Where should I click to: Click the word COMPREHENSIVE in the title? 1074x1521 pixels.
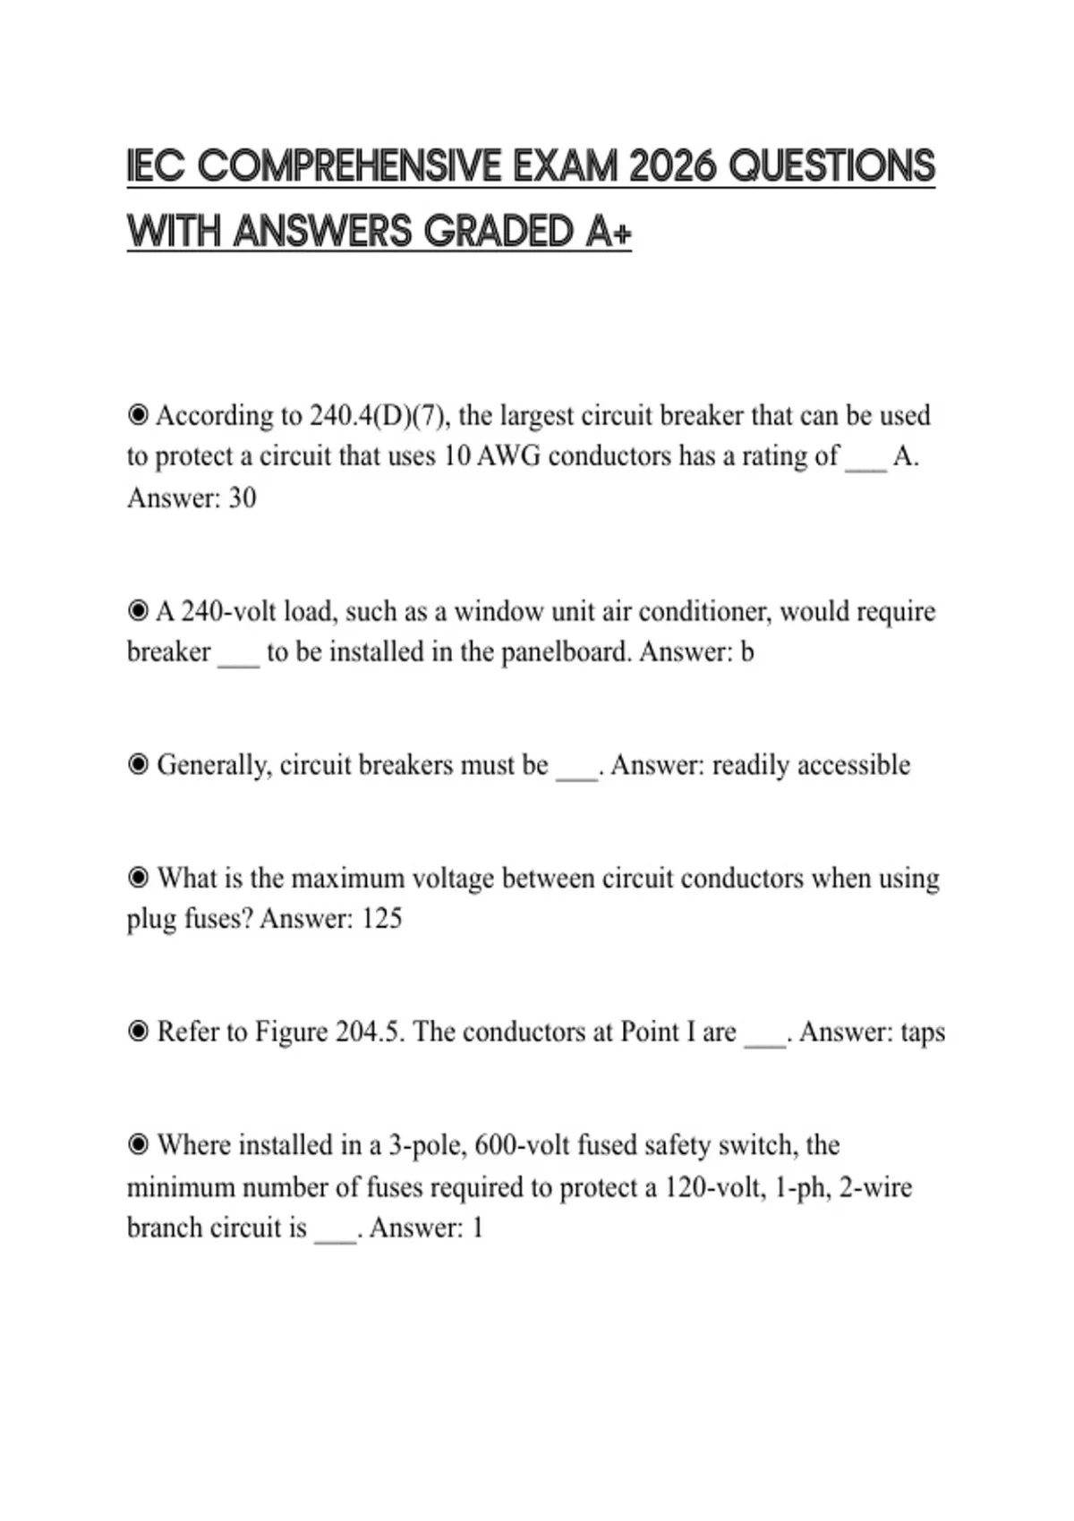pyautogui.click(x=350, y=167)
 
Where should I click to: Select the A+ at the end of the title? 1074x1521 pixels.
pyautogui.click(x=609, y=233)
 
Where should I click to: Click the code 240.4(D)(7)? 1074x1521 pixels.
pyautogui.click(x=377, y=416)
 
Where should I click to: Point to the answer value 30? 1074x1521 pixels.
pyautogui.click(x=242, y=497)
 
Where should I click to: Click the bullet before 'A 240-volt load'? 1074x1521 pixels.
pyautogui.click(x=138, y=612)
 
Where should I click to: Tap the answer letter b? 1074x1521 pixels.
pyautogui.click(x=747, y=652)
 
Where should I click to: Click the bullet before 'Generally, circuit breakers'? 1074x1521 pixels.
pyautogui.click(x=138, y=766)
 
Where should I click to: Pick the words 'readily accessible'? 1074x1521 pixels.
pyautogui.click(x=811, y=766)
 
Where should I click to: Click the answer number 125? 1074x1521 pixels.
pyautogui.click(x=382, y=919)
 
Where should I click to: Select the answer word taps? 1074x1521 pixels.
pyautogui.click(x=923, y=1032)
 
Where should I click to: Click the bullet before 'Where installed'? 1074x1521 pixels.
pyautogui.click(x=138, y=1145)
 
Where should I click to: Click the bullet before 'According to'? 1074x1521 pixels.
pyautogui.click(x=138, y=416)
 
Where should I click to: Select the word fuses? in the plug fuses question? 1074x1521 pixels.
pyautogui.click(x=218, y=919)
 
